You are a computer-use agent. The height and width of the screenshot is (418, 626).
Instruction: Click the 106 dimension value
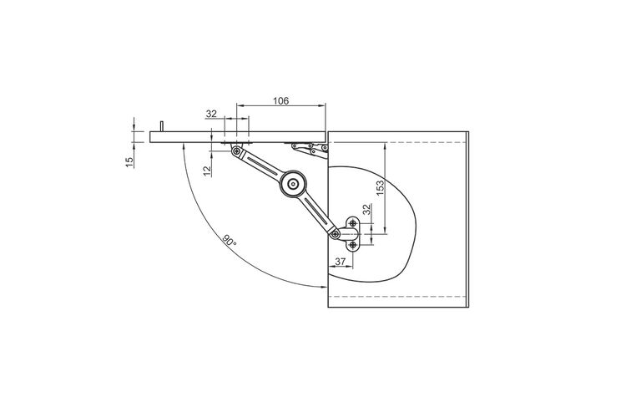click(280, 101)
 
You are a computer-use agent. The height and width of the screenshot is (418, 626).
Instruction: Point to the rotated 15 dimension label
click(129, 162)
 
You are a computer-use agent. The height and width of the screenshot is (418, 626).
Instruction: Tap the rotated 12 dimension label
click(207, 171)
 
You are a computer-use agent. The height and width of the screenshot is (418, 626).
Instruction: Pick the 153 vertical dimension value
click(380, 187)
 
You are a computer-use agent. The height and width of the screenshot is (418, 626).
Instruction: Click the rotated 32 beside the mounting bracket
click(367, 209)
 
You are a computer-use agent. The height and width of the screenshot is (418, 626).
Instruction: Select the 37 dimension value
click(341, 262)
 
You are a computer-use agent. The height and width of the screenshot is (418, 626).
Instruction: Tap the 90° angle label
click(230, 241)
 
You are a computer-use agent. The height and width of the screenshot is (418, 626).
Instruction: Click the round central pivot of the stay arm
click(294, 184)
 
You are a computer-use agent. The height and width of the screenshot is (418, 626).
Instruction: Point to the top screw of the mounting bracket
click(353, 223)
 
